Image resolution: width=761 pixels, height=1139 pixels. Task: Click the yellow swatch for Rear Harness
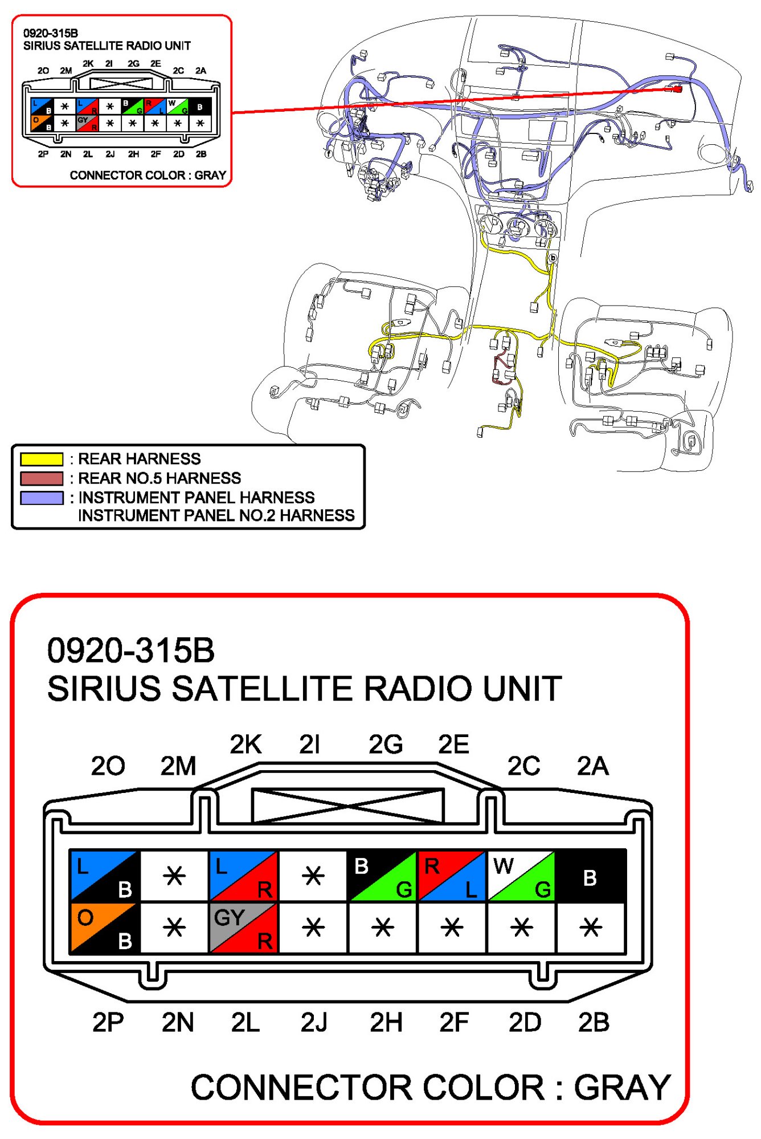pos(42,459)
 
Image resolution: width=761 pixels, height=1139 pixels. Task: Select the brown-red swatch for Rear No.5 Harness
pos(42,478)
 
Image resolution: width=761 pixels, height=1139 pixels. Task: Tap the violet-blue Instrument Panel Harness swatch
pos(42,498)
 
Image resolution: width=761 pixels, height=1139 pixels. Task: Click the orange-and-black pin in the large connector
pos(104,928)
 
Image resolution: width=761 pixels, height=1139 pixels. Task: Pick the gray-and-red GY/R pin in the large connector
pos(243,928)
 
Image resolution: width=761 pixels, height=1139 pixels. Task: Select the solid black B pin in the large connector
pos(591,877)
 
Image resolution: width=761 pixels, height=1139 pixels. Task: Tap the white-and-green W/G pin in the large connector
pos(521,877)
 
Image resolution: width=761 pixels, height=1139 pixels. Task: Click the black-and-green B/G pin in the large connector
pos(382,877)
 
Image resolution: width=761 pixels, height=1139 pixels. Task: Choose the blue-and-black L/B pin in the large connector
pos(104,877)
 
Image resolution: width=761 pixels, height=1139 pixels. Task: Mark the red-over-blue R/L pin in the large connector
pos(452,877)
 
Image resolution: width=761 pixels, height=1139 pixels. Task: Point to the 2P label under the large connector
pos(108,1023)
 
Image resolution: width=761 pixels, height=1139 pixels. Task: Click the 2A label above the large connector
pos(592,766)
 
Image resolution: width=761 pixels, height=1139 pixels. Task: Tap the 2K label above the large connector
pos(246,745)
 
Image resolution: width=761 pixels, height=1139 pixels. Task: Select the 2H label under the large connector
pos(386,1023)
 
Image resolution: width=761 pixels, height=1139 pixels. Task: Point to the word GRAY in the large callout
pos(622,1088)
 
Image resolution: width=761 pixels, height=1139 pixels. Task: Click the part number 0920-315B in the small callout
pos(51,33)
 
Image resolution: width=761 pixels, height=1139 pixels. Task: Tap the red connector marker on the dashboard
pos(677,88)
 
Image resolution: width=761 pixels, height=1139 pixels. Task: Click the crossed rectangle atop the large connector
pos(347,806)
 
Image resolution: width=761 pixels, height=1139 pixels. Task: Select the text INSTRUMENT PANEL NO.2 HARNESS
pos(216,516)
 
